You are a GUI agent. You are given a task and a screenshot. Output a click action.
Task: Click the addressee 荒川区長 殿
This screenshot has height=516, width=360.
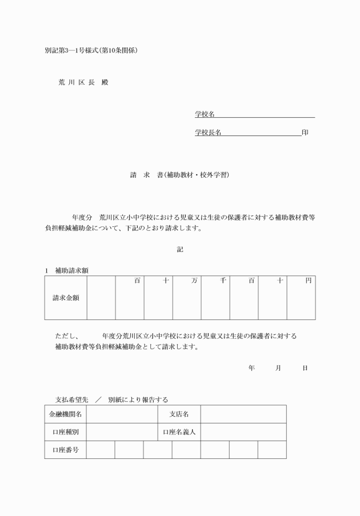(83, 82)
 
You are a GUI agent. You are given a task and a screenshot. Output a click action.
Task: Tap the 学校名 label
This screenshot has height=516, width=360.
(205, 114)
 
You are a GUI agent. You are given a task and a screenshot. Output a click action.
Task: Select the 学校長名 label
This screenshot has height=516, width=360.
(208, 133)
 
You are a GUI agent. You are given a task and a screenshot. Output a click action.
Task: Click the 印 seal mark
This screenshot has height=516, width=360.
(305, 133)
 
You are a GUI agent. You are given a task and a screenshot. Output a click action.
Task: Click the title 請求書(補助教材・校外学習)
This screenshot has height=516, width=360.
(179, 175)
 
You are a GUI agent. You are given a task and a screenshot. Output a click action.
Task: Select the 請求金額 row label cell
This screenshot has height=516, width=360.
(66, 298)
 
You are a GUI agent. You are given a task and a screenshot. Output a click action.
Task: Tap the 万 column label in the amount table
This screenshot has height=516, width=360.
(195, 281)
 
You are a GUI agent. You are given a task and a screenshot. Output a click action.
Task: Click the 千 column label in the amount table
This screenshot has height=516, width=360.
(223, 281)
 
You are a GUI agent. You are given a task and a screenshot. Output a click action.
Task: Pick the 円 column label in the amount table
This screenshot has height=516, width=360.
(309, 281)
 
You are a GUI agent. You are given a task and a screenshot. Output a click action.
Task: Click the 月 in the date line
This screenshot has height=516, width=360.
(278, 368)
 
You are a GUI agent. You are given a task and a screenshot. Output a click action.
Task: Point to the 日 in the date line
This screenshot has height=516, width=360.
(305, 368)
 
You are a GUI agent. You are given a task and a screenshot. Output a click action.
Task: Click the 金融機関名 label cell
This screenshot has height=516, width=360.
(66, 414)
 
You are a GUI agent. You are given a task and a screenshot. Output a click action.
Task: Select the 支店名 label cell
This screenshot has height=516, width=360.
(179, 414)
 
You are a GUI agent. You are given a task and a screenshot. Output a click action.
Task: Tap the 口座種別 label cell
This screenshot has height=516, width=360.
(66, 431)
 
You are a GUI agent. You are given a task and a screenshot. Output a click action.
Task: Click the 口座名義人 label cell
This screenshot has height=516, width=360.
(179, 431)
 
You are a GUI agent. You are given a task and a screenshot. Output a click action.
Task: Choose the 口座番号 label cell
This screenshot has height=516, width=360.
(66, 450)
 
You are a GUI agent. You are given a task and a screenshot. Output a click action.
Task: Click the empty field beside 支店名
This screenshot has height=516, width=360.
(243, 414)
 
